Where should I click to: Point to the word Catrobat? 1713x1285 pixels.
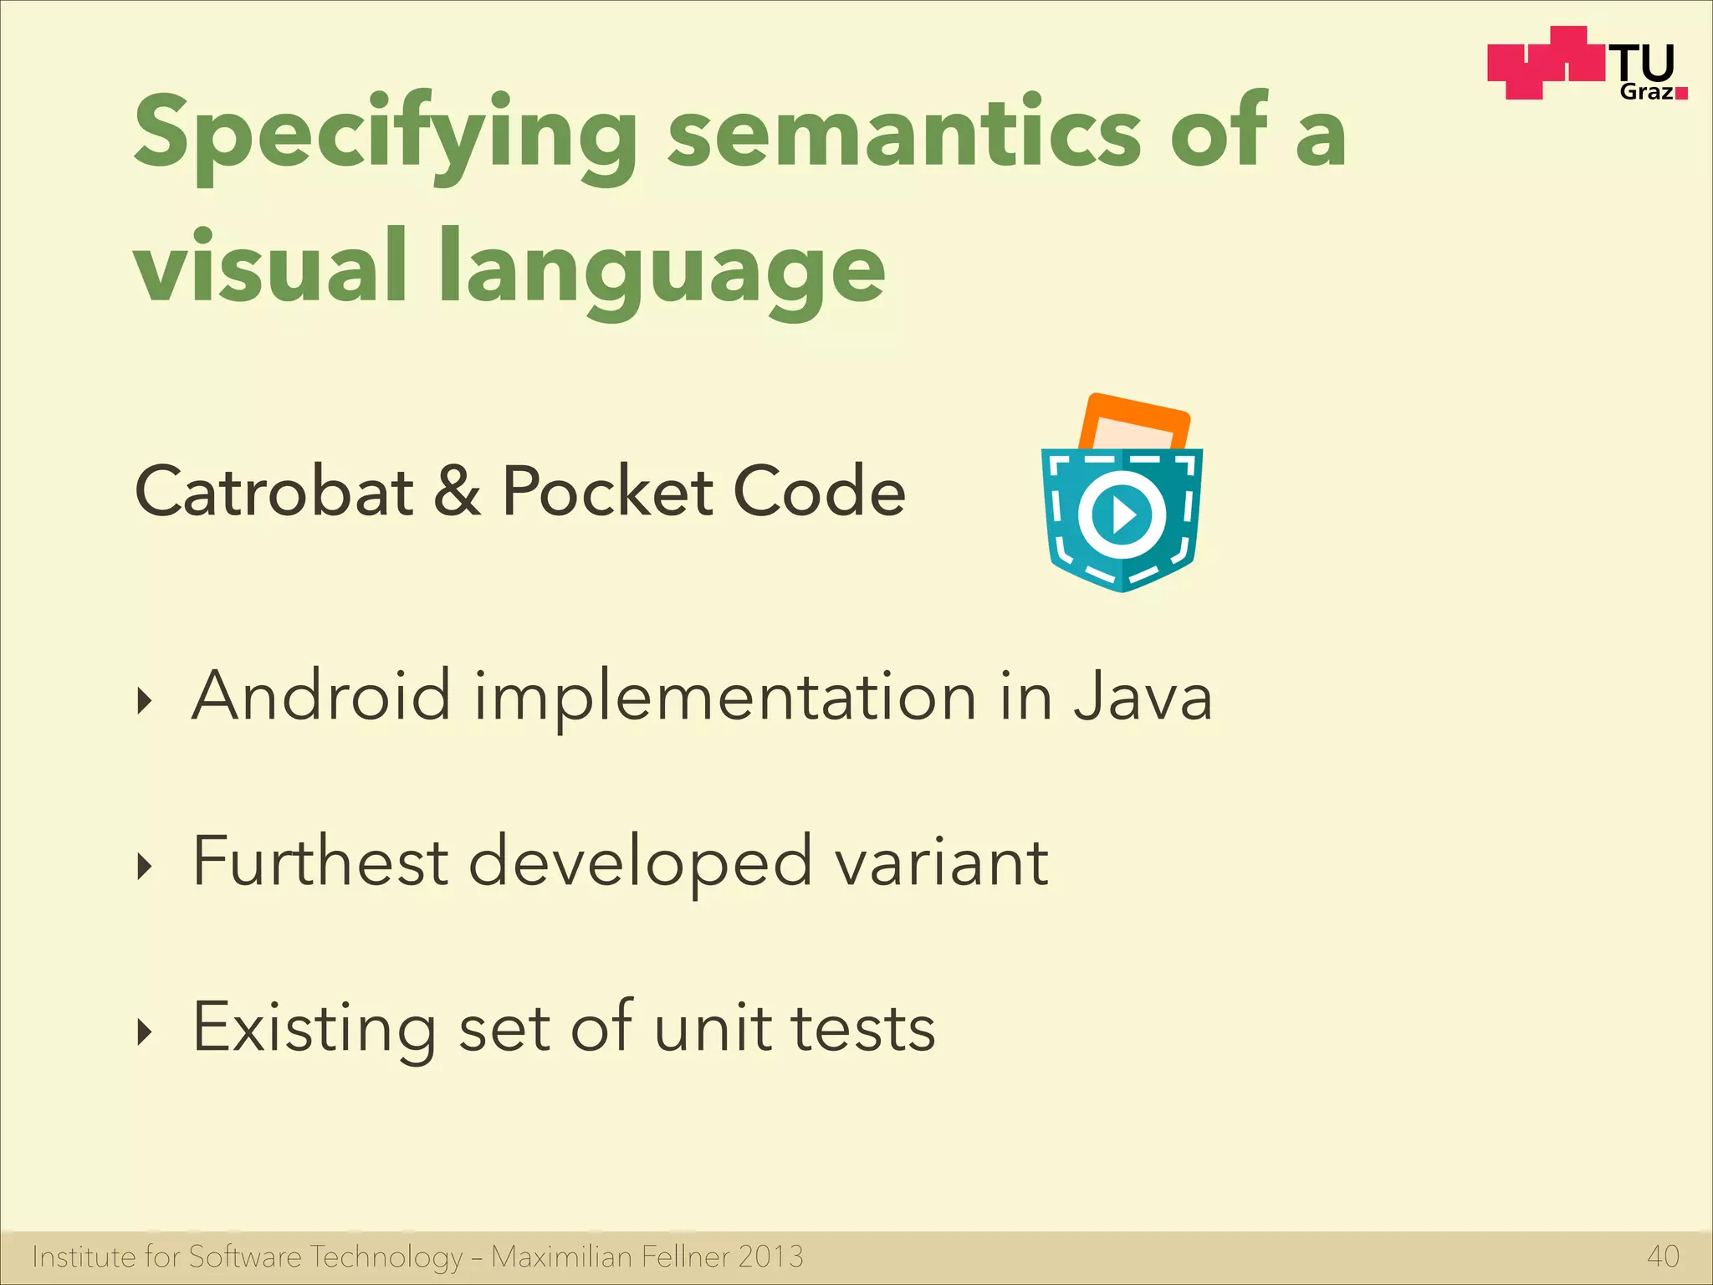tap(274, 491)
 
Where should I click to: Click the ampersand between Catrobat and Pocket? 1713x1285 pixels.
tap(458, 491)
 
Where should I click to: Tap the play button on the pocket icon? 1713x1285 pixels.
tap(1122, 515)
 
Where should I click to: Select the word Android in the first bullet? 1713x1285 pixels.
tap(321, 696)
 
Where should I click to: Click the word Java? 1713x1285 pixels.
tap(1143, 696)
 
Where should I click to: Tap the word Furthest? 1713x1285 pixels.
tap(320, 861)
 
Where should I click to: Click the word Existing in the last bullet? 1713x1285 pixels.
tap(314, 1028)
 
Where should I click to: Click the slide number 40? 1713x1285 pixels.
tap(1663, 1257)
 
